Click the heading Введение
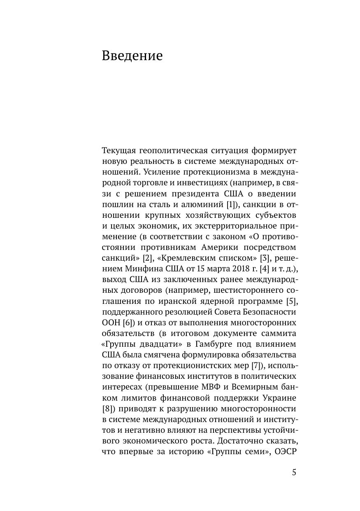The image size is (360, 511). click(x=132, y=56)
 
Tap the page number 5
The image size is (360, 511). click(x=294, y=472)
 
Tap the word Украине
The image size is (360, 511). click(x=279, y=398)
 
